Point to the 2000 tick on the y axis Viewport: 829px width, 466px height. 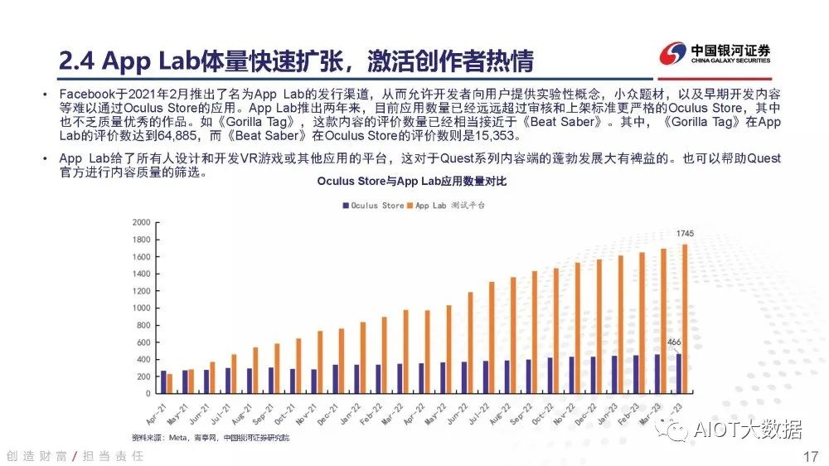(141, 222)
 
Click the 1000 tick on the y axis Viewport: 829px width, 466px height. (141, 308)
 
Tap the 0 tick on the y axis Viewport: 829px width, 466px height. (147, 394)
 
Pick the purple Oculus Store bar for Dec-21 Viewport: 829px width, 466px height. (335, 379)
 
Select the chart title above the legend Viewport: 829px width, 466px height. (411, 182)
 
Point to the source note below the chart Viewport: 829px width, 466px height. (211, 437)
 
